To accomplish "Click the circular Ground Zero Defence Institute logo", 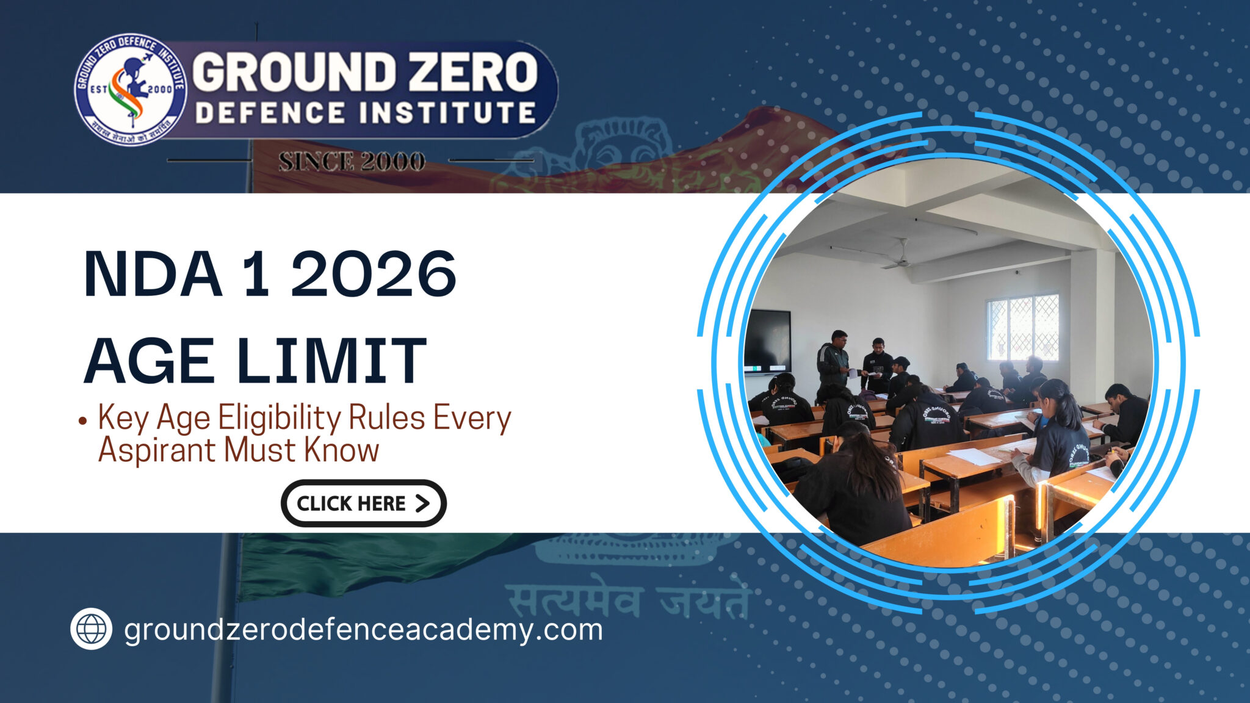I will [x=130, y=90].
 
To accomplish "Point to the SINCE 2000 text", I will [x=352, y=162].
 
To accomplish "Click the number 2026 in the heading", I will [x=373, y=274].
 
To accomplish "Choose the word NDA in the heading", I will [x=153, y=274].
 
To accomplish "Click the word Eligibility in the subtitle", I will [x=280, y=419].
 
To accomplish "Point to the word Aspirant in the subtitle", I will [x=157, y=450].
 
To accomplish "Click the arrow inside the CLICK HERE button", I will [x=422, y=503].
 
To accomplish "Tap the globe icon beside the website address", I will [x=91, y=629].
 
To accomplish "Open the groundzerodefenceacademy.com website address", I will [x=363, y=630].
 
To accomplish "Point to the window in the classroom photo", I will [x=1022, y=328].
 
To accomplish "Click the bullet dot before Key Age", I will [x=82, y=420].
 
